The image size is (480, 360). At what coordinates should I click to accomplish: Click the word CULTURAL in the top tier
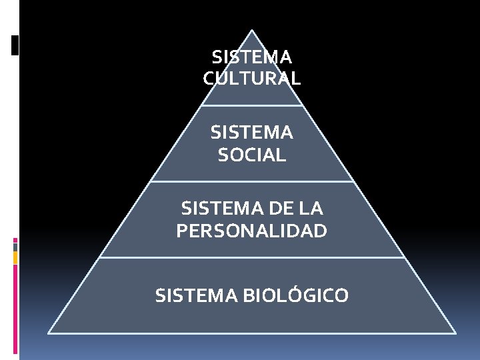252,79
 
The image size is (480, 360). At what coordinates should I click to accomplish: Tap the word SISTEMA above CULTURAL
252,57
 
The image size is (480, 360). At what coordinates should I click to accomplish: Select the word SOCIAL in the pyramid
252,155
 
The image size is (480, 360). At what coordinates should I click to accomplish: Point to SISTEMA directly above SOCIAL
252,133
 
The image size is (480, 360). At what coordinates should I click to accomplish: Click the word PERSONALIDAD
252,231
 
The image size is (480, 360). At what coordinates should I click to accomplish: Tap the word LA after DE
311,209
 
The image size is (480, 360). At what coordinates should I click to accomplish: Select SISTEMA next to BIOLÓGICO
197,295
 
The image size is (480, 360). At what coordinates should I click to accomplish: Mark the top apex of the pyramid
252,30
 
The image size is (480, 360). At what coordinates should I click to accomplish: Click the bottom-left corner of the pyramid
49,333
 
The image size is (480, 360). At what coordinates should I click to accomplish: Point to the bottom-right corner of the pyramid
455,333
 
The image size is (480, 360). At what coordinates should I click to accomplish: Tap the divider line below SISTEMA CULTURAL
252,105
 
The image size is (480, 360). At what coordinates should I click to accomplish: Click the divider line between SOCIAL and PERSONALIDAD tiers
252,181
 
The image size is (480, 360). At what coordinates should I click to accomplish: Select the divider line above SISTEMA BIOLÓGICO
252,257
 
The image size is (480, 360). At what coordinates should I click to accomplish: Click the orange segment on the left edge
15,257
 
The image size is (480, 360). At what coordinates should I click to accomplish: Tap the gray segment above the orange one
15,247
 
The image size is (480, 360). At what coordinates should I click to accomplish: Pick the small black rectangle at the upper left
15,45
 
